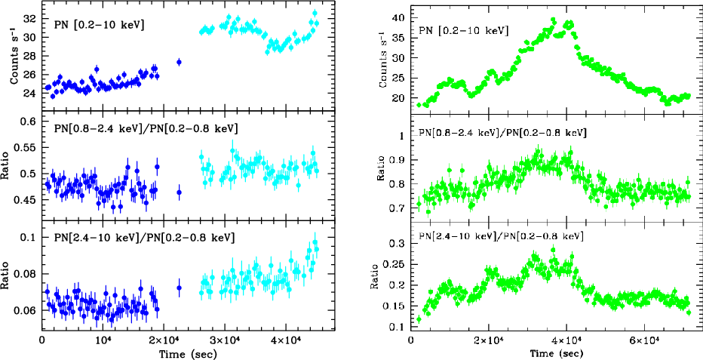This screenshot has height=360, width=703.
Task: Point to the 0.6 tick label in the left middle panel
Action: click(29, 122)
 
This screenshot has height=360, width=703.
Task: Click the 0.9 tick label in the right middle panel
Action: click(398, 160)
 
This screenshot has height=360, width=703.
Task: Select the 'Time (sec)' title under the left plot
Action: click(189, 353)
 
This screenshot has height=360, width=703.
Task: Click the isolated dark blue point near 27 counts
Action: click(179, 62)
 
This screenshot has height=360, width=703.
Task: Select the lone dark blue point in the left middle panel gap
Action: click(179, 192)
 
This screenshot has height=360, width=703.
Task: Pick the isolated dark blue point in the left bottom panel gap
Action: click(179, 288)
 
